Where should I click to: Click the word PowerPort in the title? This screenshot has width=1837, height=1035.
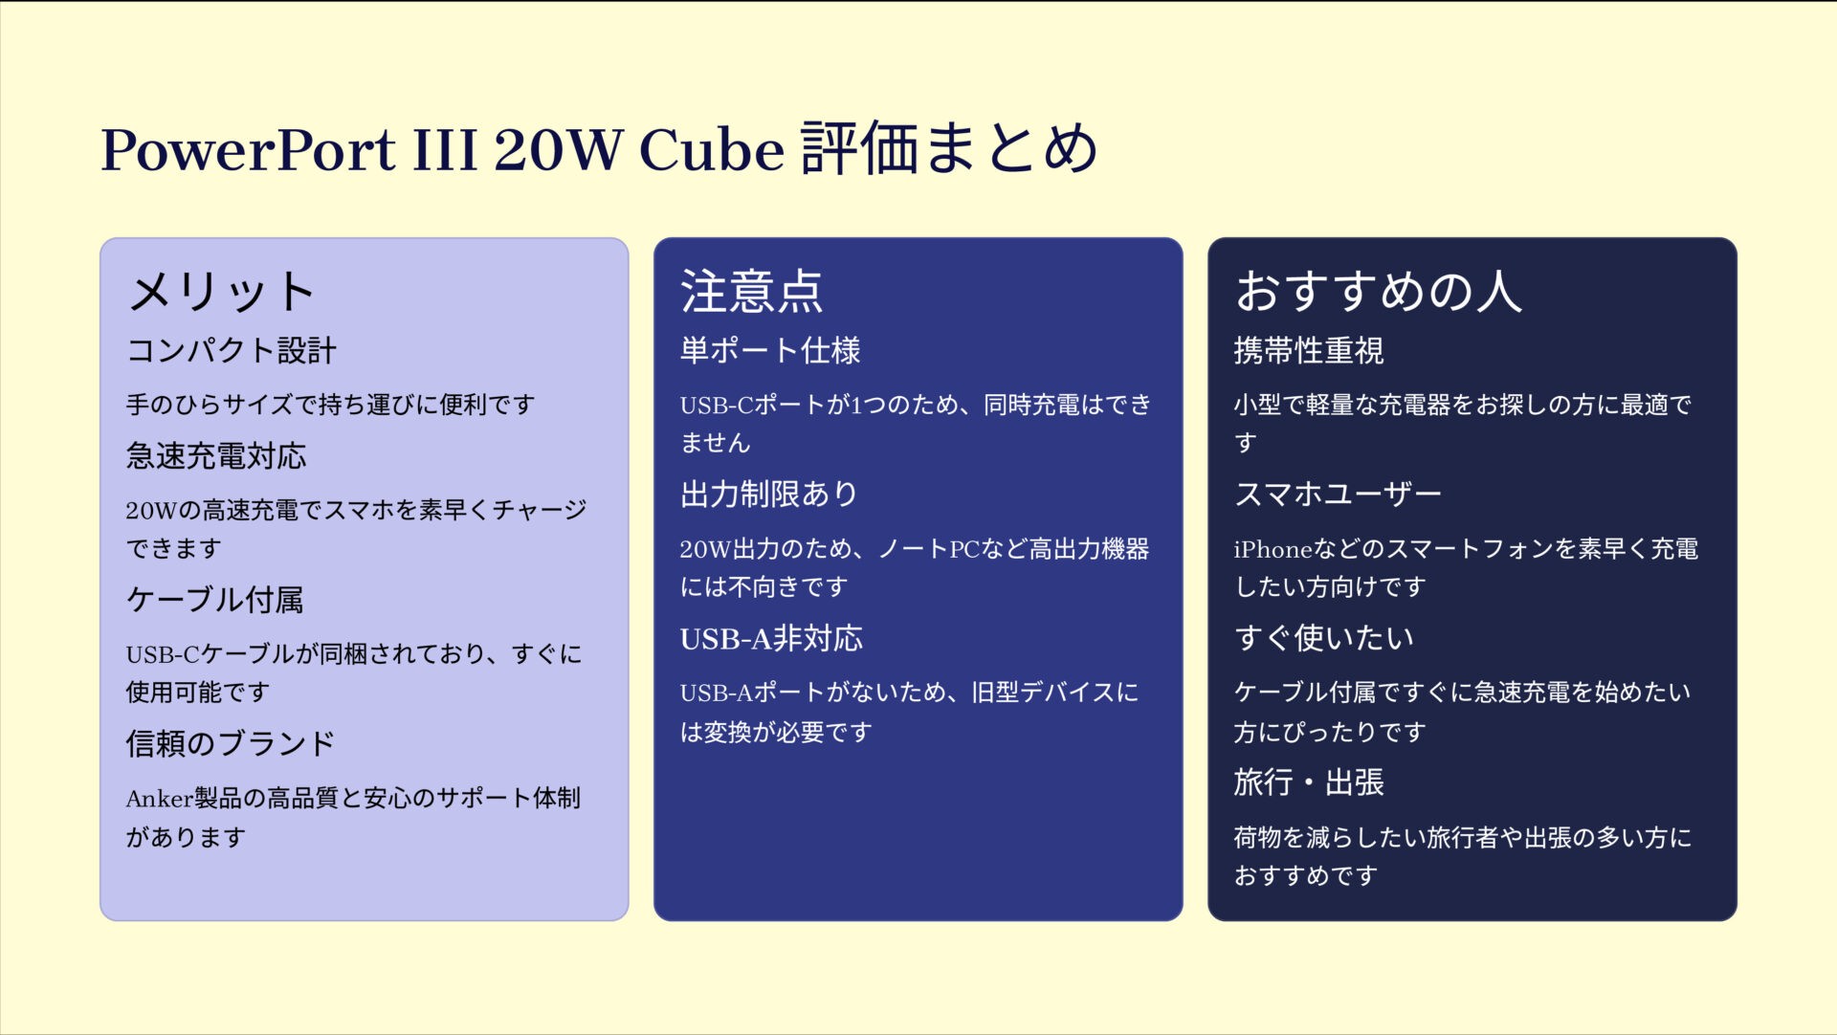point(248,150)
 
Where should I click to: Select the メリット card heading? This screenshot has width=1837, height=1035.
point(222,292)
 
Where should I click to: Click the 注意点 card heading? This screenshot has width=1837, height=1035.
point(751,292)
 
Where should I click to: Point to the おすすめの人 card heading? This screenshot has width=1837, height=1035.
point(1378,292)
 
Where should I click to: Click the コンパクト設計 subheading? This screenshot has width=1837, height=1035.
point(232,351)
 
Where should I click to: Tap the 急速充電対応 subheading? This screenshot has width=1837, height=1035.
point(216,456)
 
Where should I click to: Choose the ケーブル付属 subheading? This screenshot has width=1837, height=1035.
point(215,600)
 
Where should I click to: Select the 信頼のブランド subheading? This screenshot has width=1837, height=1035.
point(231,743)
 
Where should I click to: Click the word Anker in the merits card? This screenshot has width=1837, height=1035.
point(159,799)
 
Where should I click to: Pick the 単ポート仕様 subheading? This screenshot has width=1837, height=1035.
point(770,351)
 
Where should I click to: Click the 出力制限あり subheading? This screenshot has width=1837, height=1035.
point(769,495)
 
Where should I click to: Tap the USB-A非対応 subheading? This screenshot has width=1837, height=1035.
point(771,638)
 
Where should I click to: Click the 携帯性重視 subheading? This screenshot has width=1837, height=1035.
point(1308,351)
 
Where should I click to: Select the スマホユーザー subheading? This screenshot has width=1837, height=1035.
point(1338,495)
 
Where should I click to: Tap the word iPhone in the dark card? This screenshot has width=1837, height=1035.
point(1272,549)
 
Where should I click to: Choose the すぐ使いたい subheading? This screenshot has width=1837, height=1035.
point(1324,638)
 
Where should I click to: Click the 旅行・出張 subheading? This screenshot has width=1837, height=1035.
point(1308,782)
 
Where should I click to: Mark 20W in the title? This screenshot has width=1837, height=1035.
point(558,150)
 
